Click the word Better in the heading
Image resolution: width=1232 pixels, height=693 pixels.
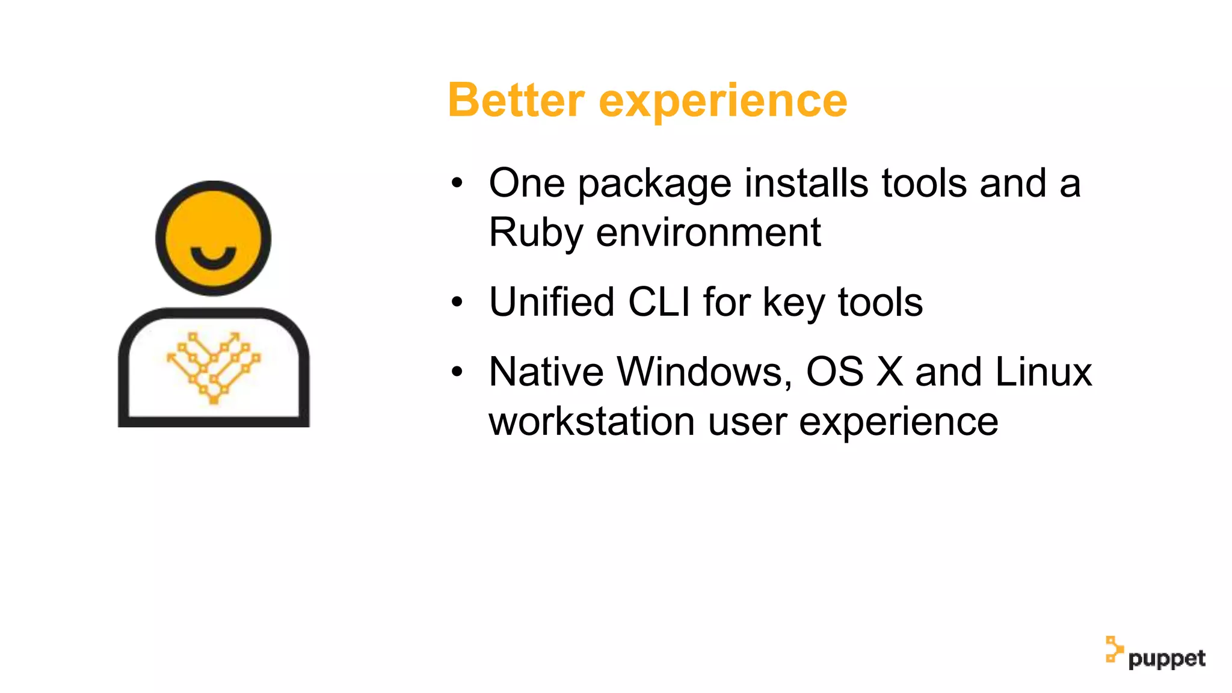click(516, 100)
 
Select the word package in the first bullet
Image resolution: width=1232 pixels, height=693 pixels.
click(654, 183)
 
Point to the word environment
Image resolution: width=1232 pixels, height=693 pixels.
click(708, 232)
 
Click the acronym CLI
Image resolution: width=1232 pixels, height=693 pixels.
click(659, 301)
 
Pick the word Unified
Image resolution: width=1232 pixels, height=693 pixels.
click(552, 301)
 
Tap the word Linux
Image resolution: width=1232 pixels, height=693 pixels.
click(1043, 372)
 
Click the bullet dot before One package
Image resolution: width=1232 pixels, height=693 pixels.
click(457, 183)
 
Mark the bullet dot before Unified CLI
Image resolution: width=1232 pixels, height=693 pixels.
click(457, 302)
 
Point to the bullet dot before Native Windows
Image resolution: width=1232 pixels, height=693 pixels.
click(457, 372)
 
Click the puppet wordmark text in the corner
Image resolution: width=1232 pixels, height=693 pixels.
click(1166, 659)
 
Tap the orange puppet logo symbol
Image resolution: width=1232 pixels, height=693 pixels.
click(1113, 649)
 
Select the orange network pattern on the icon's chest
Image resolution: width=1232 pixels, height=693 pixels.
click(214, 367)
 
